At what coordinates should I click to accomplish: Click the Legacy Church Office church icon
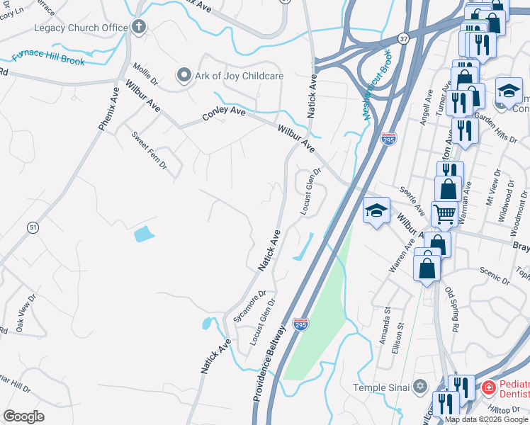(x=139, y=28)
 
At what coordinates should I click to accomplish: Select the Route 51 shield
(x=33, y=227)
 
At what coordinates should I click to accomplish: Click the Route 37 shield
(x=403, y=37)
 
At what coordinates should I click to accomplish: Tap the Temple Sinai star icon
(x=420, y=387)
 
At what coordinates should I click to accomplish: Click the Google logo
(x=24, y=416)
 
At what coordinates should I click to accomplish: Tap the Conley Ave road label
(x=224, y=112)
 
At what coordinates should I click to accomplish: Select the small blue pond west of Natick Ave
(x=142, y=233)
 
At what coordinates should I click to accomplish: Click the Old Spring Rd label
(x=451, y=310)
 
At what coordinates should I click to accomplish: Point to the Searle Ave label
(x=412, y=201)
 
